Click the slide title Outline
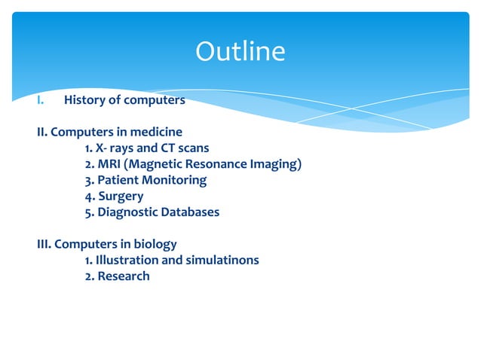pos(240,52)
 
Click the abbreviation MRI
pos(108,164)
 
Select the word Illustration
pos(127,260)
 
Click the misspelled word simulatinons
pos(222,260)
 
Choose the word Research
pos(122,276)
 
